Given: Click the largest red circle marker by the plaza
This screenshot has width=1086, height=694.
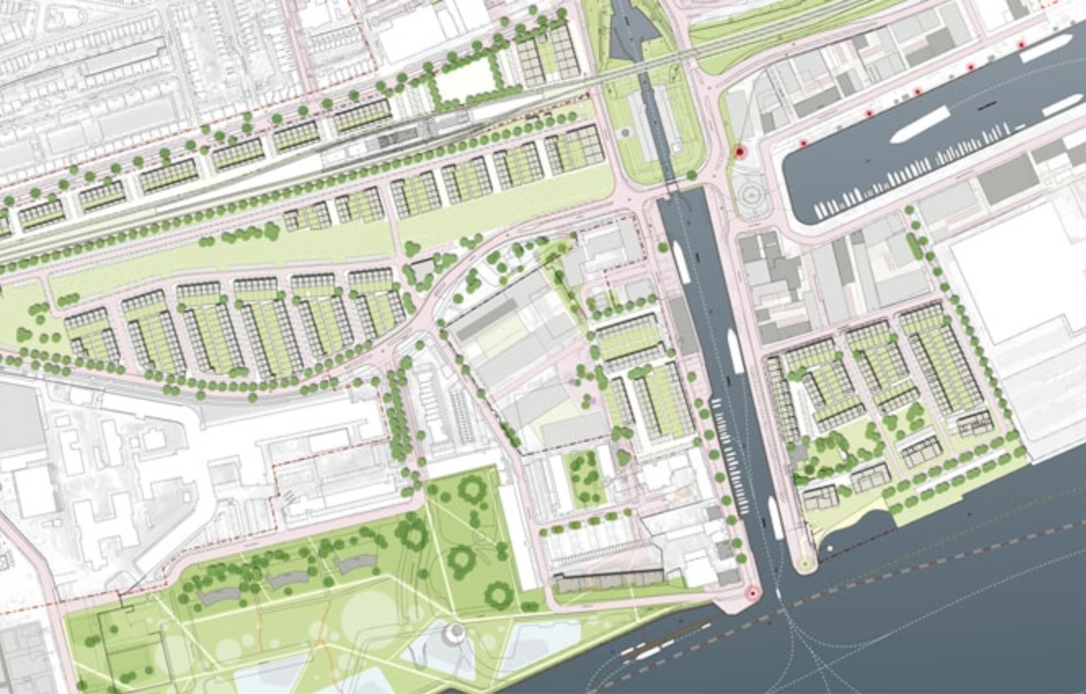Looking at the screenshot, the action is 740,151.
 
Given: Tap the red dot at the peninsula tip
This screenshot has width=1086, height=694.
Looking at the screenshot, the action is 751,595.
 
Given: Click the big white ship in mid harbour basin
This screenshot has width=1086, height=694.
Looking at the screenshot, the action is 920,125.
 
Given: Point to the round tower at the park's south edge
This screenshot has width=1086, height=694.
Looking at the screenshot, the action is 454,632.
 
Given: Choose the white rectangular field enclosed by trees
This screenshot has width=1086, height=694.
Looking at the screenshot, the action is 467,80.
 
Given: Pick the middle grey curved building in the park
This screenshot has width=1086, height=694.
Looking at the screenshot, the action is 287,580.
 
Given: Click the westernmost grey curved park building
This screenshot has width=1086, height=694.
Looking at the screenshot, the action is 219,597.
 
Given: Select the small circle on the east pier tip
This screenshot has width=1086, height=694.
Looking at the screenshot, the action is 805,562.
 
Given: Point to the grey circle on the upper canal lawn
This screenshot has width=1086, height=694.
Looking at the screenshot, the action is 626,131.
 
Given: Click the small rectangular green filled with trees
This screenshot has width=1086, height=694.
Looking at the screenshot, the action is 586,476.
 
